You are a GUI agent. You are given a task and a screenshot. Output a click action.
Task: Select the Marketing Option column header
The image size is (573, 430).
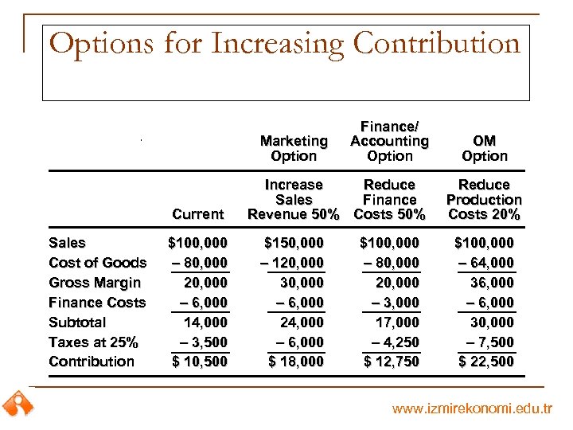pyautogui.click(x=294, y=148)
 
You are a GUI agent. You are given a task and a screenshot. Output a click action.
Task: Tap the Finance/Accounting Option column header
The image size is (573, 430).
pyautogui.click(x=390, y=141)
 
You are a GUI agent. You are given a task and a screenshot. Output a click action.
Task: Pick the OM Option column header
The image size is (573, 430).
pyautogui.click(x=484, y=148)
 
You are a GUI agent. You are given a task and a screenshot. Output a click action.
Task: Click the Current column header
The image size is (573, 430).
pyautogui.click(x=197, y=214)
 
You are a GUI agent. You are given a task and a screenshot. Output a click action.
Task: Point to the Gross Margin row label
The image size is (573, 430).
pyautogui.click(x=95, y=283)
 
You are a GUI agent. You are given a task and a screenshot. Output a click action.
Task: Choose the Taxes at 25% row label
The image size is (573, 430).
pyautogui.click(x=93, y=342)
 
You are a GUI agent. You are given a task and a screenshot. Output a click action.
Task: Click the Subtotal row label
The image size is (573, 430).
pyautogui.click(x=77, y=322)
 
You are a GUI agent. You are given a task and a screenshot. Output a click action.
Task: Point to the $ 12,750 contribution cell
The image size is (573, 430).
pyautogui.click(x=390, y=362)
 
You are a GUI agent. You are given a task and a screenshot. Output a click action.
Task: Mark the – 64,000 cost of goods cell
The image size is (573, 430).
pyautogui.click(x=484, y=263)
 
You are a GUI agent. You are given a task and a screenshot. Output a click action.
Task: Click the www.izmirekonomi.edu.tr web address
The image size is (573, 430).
pyautogui.click(x=472, y=409)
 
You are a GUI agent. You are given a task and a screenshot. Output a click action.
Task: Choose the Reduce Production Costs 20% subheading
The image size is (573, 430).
pyautogui.click(x=484, y=199)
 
